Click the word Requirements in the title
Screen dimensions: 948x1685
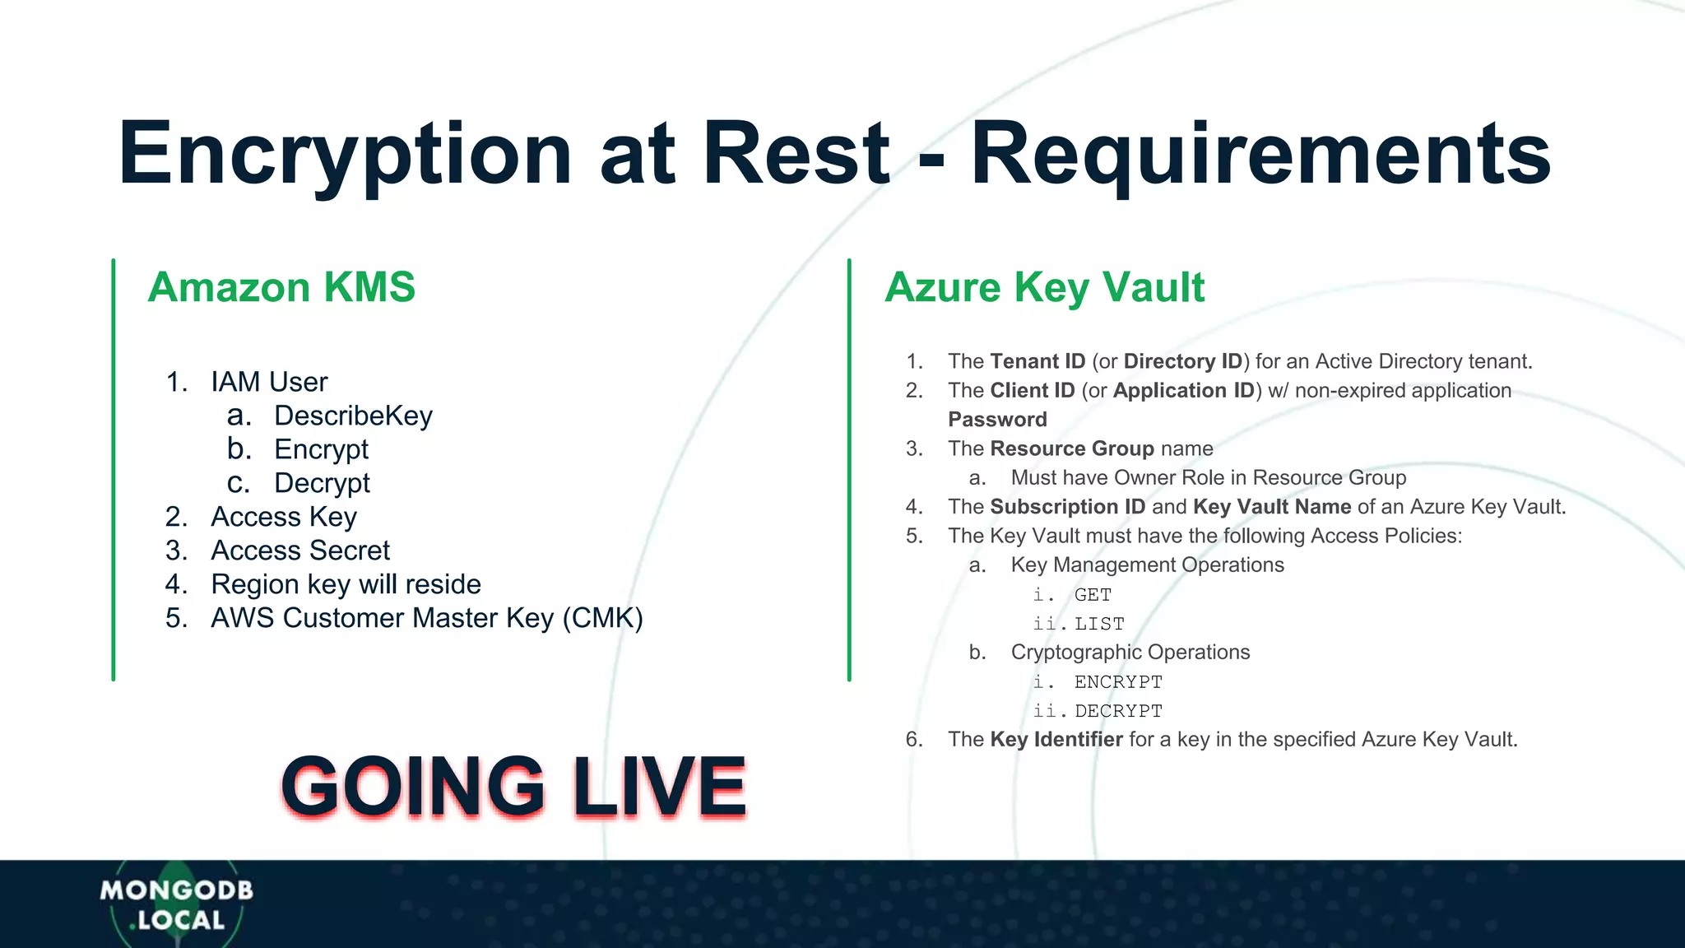[x=1260, y=154]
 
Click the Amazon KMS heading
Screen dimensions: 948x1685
[x=281, y=287]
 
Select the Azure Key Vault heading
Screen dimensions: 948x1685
[x=1044, y=287]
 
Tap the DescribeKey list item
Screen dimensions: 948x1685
[x=353, y=416]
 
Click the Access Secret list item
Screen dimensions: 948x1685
[x=300, y=551]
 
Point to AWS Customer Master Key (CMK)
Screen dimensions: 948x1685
[x=426, y=618]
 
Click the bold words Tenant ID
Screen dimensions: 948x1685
[x=1037, y=361]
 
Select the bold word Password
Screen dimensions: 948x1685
[x=997, y=420]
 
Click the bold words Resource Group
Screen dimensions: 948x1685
[x=1072, y=448]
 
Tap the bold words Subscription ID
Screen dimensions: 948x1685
[x=1067, y=507]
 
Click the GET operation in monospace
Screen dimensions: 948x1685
[x=1093, y=595]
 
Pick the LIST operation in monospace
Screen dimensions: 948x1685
[x=1099, y=625]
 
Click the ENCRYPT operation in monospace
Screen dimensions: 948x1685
[x=1118, y=682]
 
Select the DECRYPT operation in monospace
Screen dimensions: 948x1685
[x=1118, y=711]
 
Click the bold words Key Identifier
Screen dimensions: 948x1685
[x=1056, y=740]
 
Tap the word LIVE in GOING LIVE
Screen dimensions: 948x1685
[x=659, y=787]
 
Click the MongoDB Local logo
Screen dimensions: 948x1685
[x=176, y=904]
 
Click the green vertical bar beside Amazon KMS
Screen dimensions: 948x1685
[x=114, y=469]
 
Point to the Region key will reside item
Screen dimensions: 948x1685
[x=346, y=584]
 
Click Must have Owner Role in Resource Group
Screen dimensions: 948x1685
[x=1208, y=478]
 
